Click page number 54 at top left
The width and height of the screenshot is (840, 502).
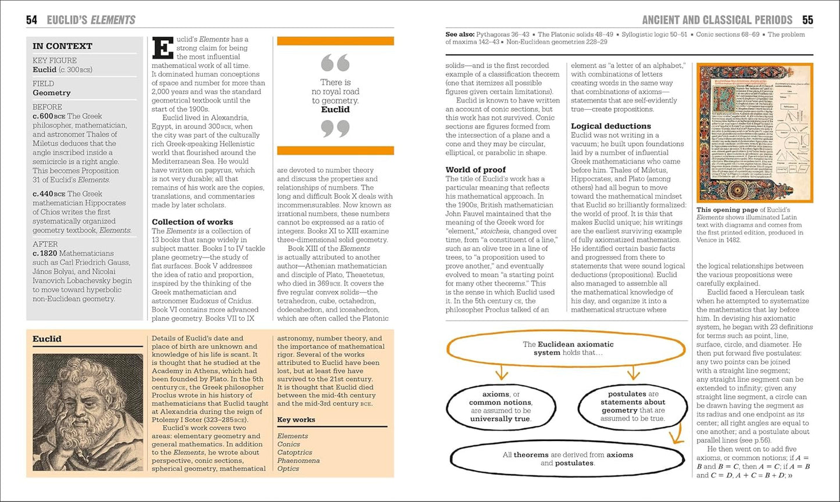point(32,20)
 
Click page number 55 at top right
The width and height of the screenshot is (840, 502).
point(807,20)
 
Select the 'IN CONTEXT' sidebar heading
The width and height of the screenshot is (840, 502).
point(62,46)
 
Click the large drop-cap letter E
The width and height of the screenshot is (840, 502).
point(163,48)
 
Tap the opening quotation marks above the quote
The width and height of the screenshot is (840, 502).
point(335,63)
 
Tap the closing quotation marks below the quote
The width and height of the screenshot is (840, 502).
point(335,128)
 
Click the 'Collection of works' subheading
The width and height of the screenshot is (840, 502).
point(192,222)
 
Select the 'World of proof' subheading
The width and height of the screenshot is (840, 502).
point(476,170)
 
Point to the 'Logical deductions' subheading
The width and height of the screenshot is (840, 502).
point(611,126)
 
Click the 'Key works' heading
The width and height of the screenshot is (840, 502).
point(296,419)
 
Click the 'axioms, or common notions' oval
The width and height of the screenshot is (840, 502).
point(501,406)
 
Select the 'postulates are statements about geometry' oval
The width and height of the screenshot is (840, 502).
point(633,406)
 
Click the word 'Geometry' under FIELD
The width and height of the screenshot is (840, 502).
point(51,92)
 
